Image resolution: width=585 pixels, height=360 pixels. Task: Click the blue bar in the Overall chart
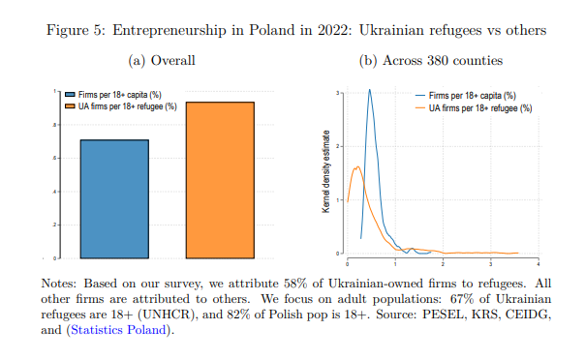point(113,198)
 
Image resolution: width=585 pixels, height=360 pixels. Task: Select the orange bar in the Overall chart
point(219,180)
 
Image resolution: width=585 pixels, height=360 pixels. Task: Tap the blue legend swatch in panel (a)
point(69,95)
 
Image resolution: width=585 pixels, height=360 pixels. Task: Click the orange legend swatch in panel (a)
point(69,105)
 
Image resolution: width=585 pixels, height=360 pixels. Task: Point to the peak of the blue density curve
point(370,90)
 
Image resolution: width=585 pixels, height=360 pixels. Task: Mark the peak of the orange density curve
point(355,166)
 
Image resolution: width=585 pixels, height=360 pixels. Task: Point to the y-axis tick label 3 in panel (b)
point(337,93)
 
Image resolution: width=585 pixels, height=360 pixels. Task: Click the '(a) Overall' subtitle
point(162,61)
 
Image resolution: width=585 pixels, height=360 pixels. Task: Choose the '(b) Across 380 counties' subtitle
point(431,61)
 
